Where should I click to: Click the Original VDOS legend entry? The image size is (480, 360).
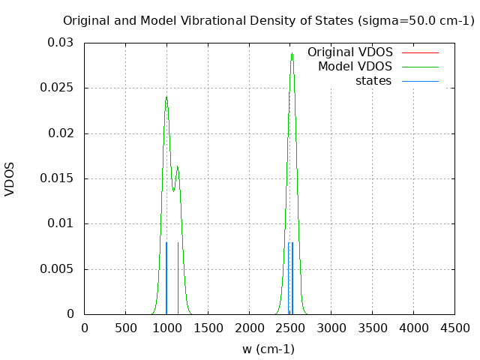tap(350, 52)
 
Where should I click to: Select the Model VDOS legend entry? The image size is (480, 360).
tap(355, 67)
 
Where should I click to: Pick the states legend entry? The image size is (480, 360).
tap(373, 81)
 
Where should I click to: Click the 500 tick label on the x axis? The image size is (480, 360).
tap(125, 328)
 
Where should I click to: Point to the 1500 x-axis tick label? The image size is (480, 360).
tap(208, 328)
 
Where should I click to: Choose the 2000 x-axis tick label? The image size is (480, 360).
tap(249, 328)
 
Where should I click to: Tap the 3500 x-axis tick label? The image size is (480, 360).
tap(373, 328)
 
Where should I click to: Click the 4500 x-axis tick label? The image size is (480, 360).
tap(454, 328)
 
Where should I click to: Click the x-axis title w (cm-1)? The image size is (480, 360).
tap(268, 349)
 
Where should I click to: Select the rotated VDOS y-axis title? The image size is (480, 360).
tap(10, 178)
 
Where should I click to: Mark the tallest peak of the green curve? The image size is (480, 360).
tap(292, 53)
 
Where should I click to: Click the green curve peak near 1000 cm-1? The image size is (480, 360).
tap(166, 97)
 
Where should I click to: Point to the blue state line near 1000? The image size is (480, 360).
tap(166, 277)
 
